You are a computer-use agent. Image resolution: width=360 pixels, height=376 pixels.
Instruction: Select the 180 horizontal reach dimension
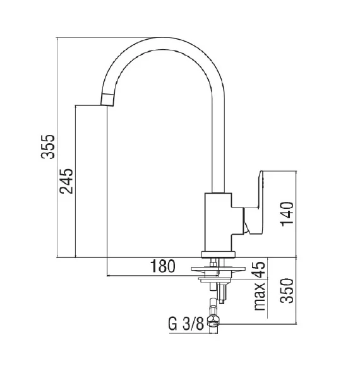click(x=162, y=266)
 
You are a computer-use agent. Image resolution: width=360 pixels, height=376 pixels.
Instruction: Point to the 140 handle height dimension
click(x=287, y=214)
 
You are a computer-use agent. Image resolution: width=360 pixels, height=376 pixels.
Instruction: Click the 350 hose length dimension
click(x=287, y=291)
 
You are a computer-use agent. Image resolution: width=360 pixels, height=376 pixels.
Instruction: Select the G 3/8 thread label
click(x=186, y=326)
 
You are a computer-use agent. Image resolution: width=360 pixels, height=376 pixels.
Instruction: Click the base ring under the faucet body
click(x=218, y=254)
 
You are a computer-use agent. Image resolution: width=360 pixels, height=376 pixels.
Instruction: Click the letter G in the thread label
click(x=172, y=326)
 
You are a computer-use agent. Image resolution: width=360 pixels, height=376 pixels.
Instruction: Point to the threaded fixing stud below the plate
click(x=222, y=290)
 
